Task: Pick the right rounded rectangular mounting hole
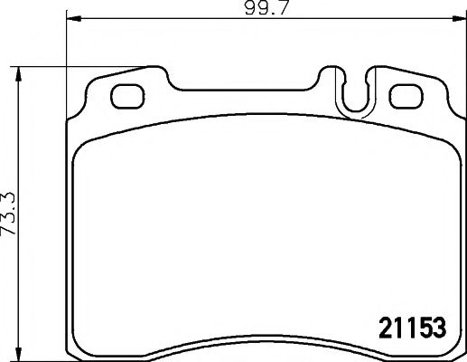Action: click(406, 93)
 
